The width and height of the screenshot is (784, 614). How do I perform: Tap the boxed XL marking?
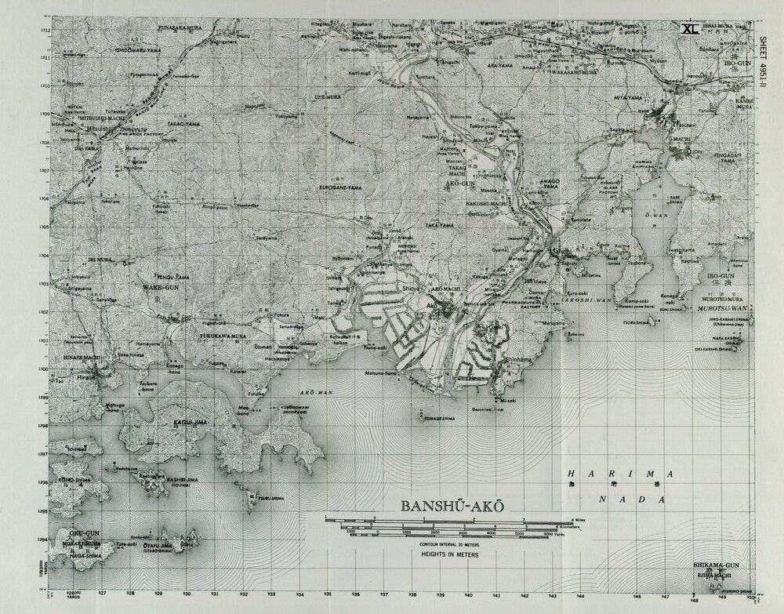(690, 28)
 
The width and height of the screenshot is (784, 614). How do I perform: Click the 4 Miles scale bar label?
(579, 520)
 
